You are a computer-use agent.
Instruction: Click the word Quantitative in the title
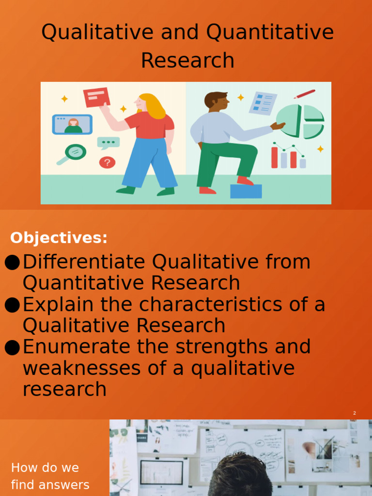pyautogui.click(x=270, y=33)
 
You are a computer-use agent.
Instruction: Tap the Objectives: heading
pyautogui.click(x=59, y=238)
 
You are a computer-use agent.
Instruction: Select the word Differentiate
pyautogui.click(x=84, y=262)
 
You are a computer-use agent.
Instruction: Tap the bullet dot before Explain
pyautogui.click(x=12, y=305)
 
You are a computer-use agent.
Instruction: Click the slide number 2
pyautogui.click(x=355, y=413)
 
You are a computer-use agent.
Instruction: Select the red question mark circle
pyautogui.click(x=107, y=162)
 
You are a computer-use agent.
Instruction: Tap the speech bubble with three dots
pyautogui.click(x=108, y=142)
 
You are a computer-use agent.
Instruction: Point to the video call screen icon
pyautogui.click(x=72, y=124)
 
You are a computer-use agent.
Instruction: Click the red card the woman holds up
pyautogui.click(x=96, y=97)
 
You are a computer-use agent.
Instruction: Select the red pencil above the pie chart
pyautogui.click(x=304, y=94)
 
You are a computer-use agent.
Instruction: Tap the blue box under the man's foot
pyautogui.click(x=246, y=191)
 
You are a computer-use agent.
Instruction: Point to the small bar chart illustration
pyautogui.click(x=288, y=156)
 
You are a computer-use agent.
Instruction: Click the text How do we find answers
pyautogui.click(x=50, y=476)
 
